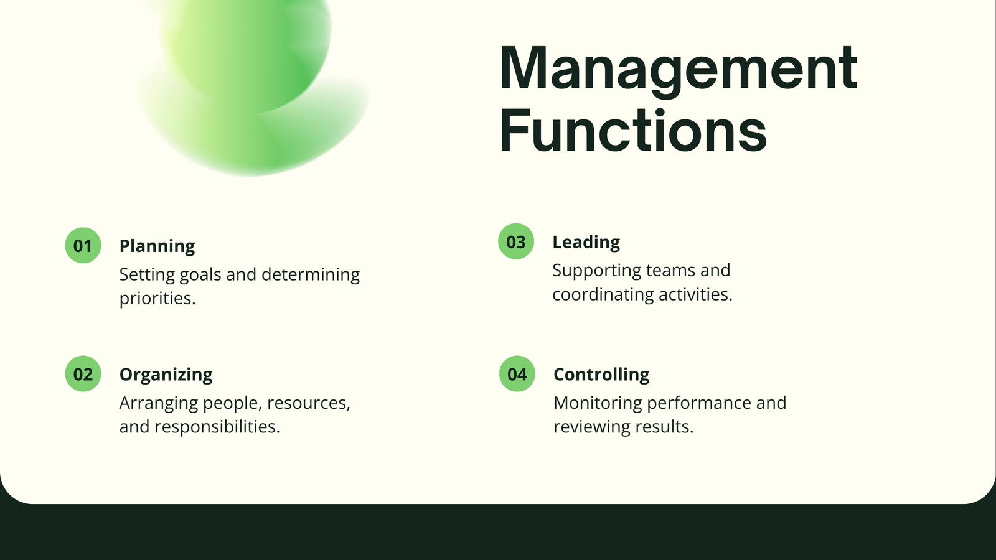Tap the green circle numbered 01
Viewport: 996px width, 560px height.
click(83, 245)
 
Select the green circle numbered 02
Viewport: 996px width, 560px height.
click(83, 374)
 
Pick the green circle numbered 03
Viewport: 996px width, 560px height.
click(516, 241)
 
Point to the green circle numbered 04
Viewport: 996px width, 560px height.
click(517, 374)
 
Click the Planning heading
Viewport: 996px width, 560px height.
click(157, 246)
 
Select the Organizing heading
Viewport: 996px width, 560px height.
click(166, 375)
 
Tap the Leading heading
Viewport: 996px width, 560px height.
click(586, 242)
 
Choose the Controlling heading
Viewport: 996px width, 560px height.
click(601, 374)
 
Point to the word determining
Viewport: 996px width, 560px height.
click(311, 274)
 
